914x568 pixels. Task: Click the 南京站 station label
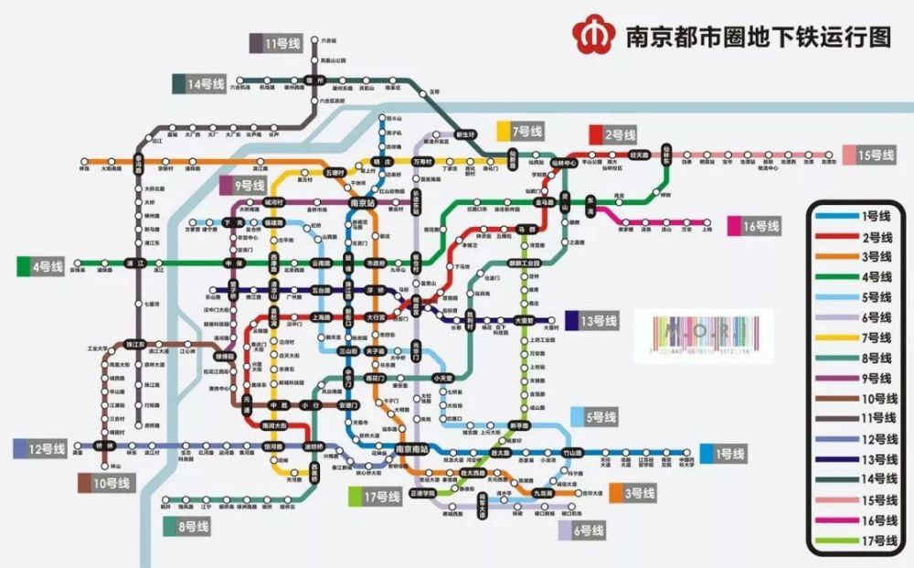tap(363, 202)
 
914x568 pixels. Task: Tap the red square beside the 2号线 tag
tap(595, 134)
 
